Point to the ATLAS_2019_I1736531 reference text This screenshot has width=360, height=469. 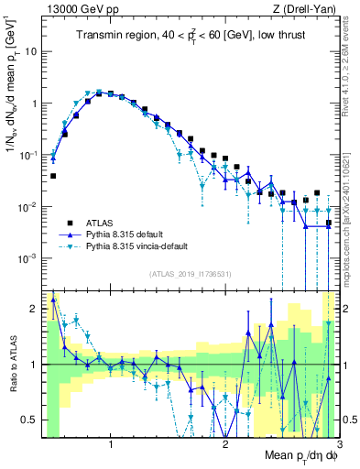click(191, 274)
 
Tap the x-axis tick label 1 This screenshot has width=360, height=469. click(111, 445)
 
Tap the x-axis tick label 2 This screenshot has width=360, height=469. click(225, 445)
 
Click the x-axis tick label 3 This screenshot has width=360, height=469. click(339, 445)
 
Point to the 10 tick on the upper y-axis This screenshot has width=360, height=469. click(30, 51)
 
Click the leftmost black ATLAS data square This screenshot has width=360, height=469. click(53, 176)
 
